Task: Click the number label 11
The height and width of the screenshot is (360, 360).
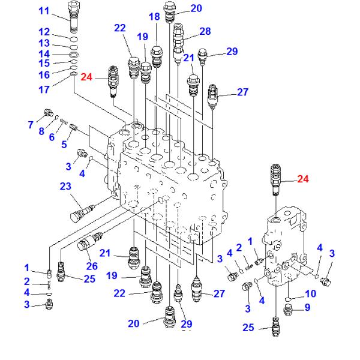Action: tap(44, 11)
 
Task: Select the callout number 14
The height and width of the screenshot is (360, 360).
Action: tap(44, 53)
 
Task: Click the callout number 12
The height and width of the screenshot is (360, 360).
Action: tap(44, 32)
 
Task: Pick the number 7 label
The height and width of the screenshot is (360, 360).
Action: tap(30, 124)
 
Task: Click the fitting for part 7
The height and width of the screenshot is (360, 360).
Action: tap(49, 113)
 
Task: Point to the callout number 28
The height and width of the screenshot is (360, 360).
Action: tap(205, 31)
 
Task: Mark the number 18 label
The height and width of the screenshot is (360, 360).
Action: tap(155, 17)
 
